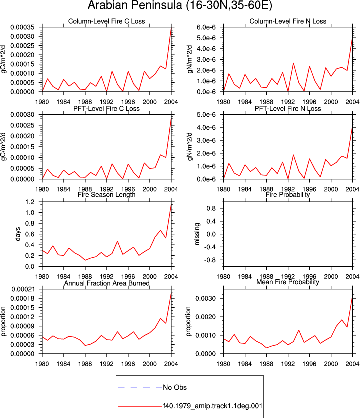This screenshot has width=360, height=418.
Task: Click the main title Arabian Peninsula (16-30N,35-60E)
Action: click(180, 5)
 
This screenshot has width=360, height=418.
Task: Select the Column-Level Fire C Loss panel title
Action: click(106, 21)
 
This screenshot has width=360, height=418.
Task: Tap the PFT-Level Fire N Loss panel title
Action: click(288, 108)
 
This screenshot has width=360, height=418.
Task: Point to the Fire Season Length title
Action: click(106, 195)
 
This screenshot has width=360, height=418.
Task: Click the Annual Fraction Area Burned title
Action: click(106, 283)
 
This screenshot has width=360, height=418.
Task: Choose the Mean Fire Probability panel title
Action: click(288, 282)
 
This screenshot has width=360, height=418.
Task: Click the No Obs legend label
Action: click(175, 387)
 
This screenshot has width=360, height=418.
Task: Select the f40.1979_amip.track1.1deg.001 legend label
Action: click(213, 406)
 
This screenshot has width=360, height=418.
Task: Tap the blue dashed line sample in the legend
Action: click(140, 387)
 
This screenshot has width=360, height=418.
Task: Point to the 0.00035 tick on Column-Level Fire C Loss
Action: click(22, 27)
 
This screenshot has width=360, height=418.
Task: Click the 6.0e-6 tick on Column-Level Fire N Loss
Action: click(206, 27)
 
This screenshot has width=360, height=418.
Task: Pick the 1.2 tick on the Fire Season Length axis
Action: click(30, 202)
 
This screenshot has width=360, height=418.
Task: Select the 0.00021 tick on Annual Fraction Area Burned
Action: click(23, 289)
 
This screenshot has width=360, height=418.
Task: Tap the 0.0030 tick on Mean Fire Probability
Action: click(206, 298)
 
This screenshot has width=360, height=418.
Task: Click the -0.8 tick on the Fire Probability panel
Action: click(210, 260)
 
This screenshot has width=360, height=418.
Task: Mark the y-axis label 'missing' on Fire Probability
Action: click(197, 234)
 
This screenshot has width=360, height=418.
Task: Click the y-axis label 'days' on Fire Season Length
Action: click(18, 234)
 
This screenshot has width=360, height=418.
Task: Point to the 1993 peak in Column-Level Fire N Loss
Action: click(293, 63)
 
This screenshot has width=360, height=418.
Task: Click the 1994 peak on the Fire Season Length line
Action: click(117, 241)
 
